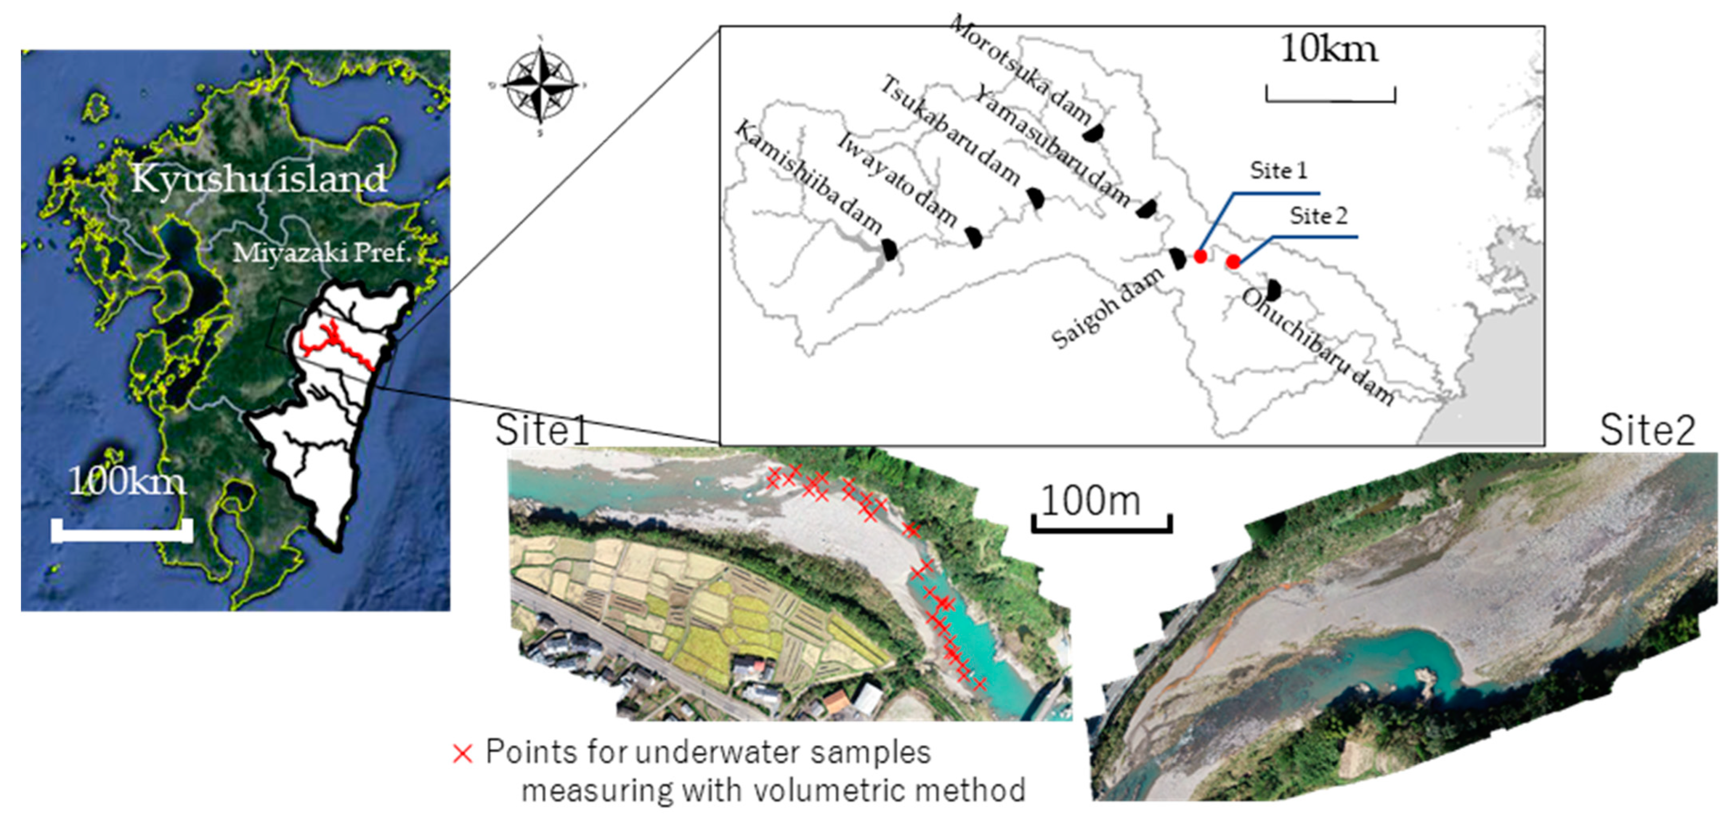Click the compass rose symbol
pyautogui.click(x=541, y=85)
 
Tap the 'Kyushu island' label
pyautogui.click(x=259, y=179)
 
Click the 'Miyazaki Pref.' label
pyautogui.click(x=322, y=253)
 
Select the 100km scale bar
pyautogui.click(x=122, y=530)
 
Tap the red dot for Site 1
pyautogui.click(x=1200, y=256)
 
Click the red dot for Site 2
pyautogui.click(x=1233, y=261)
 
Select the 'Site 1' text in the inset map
pyautogui.click(x=1278, y=171)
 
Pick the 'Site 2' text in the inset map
pyautogui.click(x=1318, y=216)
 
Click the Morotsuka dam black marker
pyautogui.click(x=1093, y=133)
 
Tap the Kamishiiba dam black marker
pyautogui.click(x=889, y=250)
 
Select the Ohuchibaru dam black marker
pyautogui.click(x=1272, y=290)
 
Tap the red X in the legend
pyautogui.click(x=463, y=754)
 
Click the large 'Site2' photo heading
pyautogui.click(x=1647, y=431)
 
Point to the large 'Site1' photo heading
pyautogui.click(x=541, y=431)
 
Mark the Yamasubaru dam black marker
pyautogui.click(x=1146, y=209)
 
